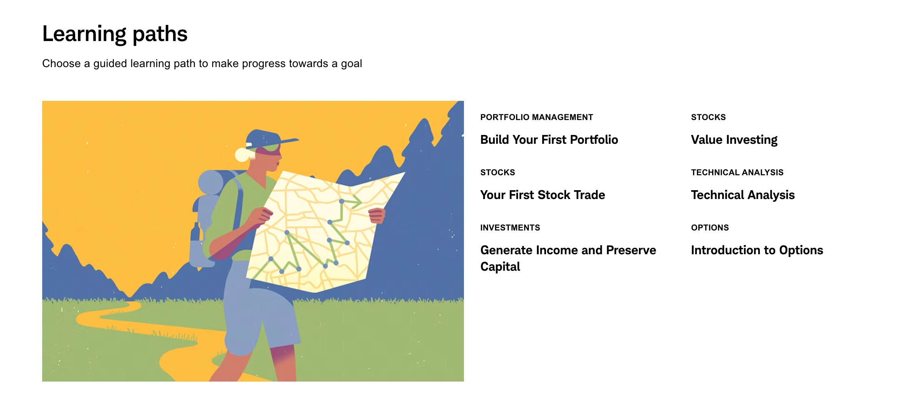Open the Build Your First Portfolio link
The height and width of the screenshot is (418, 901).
tap(549, 140)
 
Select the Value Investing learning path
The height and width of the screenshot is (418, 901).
tap(734, 140)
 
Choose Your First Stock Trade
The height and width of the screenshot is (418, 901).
tap(543, 195)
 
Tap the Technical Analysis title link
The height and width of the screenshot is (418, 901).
tap(743, 195)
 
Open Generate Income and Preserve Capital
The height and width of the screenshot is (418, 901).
tap(568, 258)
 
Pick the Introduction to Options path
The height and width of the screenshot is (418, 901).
tap(757, 250)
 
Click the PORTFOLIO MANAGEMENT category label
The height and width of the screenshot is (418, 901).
tap(537, 117)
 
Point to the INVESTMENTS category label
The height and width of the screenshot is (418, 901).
tap(510, 228)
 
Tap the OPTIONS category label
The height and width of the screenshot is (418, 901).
tap(710, 228)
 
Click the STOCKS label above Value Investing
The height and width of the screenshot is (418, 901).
tap(708, 117)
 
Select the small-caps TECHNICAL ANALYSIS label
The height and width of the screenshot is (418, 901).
tap(737, 173)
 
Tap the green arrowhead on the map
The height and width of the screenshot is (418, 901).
tap(356, 201)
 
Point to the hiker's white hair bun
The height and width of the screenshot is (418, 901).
tap(243, 154)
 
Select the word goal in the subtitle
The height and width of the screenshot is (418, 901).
tap(351, 64)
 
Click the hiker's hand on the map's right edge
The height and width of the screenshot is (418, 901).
tap(377, 216)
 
